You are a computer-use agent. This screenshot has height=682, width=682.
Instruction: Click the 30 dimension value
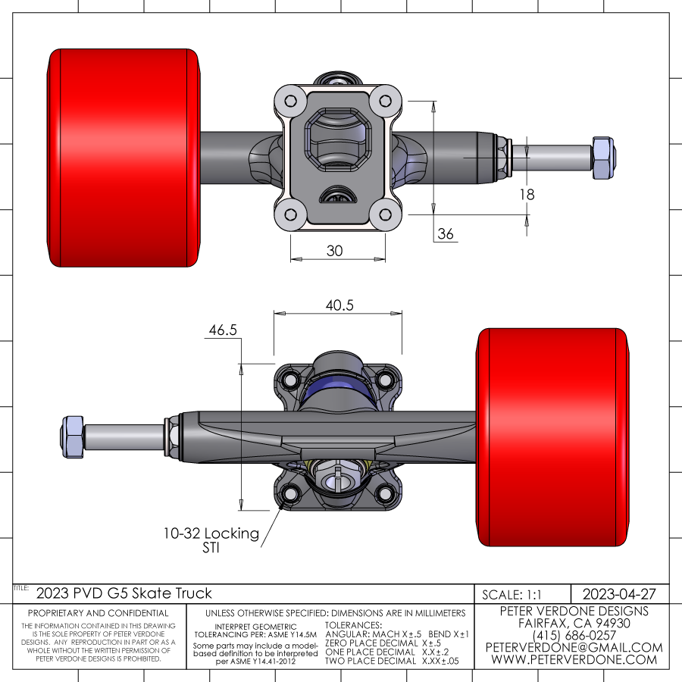tap(334, 251)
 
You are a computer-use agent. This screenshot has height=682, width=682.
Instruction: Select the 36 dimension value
tap(446, 234)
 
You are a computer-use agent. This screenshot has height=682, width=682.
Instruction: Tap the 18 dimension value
tap(527, 195)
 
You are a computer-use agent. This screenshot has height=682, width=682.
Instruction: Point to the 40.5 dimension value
tap(340, 305)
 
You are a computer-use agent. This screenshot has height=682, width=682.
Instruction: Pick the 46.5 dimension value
tap(223, 330)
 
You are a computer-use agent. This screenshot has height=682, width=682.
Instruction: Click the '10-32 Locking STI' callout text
tap(211, 540)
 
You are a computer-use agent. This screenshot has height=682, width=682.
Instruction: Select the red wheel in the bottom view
tap(553, 437)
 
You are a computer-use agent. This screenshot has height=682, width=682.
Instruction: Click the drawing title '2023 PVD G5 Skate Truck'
tap(124, 593)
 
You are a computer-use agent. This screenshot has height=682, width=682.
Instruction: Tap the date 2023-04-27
tap(618, 593)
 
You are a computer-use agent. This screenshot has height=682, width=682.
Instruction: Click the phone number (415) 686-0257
tap(574, 635)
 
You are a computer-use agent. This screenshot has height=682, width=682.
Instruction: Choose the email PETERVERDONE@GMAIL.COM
tap(574, 647)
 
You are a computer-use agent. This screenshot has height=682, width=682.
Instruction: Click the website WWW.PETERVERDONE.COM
tap(574, 659)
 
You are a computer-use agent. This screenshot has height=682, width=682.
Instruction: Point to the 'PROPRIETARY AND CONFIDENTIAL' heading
tap(99, 613)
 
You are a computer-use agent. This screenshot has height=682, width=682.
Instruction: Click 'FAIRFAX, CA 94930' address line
tap(574, 623)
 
